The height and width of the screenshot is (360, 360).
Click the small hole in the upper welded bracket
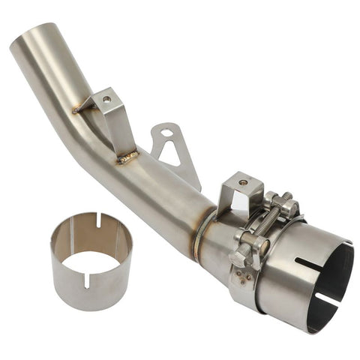pos(107,99)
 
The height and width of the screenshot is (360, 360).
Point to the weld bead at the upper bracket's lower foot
pos(127,157)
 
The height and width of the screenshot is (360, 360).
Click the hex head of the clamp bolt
pos(238,256)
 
